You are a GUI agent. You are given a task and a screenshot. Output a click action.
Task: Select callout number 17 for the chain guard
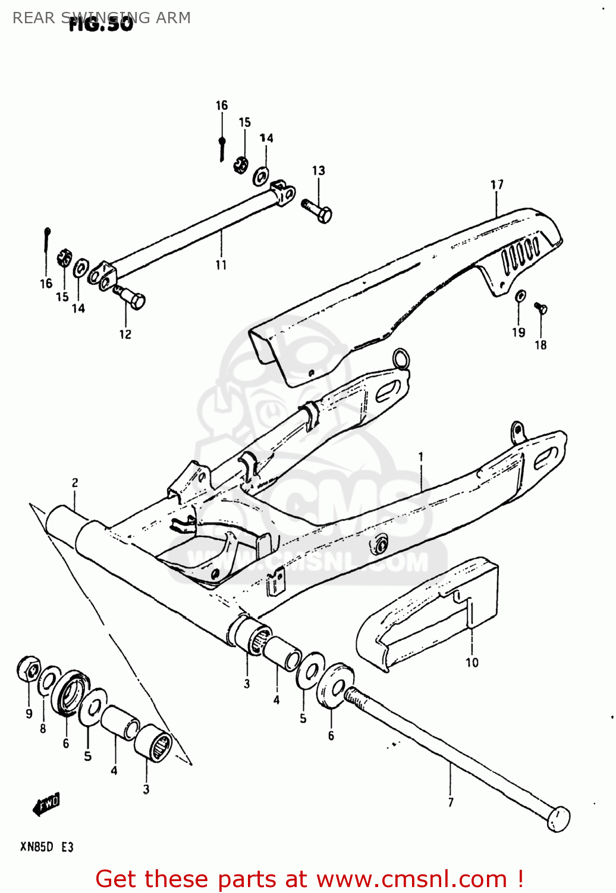(x=496, y=185)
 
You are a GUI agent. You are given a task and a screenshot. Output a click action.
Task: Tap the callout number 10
(x=472, y=663)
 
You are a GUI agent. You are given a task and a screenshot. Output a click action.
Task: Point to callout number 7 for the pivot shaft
(x=450, y=802)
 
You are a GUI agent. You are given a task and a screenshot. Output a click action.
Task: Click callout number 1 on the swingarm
(x=421, y=457)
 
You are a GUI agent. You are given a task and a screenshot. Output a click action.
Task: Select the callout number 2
(x=75, y=483)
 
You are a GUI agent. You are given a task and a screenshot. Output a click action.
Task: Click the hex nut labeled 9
(x=28, y=670)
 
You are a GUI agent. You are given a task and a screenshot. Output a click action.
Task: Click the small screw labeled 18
(x=540, y=308)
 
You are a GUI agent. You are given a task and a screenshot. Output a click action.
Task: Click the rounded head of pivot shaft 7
(x=558, y=819)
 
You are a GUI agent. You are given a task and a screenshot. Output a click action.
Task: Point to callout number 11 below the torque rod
(x=221, y=265)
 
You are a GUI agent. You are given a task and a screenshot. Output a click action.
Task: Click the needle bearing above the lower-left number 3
(x=153, y=745)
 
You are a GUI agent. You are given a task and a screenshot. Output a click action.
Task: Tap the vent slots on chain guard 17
(x=521, y=254)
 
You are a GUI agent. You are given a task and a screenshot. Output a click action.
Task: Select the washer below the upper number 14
(x=260, y=176)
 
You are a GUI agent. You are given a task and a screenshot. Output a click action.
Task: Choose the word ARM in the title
(x=174, y=18)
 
